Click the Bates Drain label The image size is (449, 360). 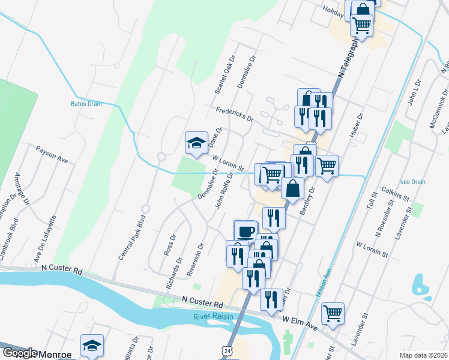(x=86, y=103)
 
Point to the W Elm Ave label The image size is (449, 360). (x=300, y=323)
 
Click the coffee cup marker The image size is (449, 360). (x=245, y=231)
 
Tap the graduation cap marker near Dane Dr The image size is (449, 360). (x=196, y=143)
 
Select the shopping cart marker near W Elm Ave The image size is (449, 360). (x=333, y=313)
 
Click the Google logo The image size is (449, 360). (x=20, y=353)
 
